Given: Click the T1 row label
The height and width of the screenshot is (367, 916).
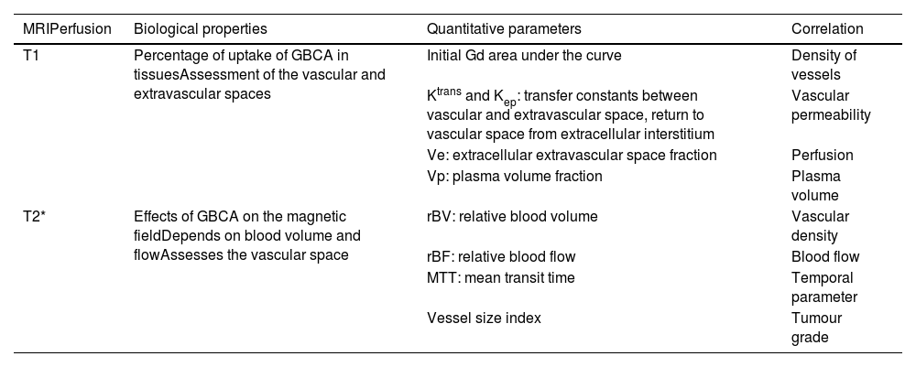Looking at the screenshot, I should (x=30, y=55).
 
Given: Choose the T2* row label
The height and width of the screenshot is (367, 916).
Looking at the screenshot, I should (x=33, y=217).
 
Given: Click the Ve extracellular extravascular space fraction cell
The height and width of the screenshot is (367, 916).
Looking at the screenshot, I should (x=572, y=156).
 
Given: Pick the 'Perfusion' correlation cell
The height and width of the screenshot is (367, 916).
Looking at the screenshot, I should (x=822, y=156).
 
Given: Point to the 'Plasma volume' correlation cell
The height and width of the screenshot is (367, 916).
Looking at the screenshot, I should (x=815, y=186).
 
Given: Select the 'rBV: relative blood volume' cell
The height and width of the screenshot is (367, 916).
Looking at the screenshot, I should (x=512, y=217).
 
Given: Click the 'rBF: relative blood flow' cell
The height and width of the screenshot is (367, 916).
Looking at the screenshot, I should (x=501, y=257).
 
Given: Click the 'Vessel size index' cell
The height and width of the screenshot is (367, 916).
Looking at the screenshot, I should (x=484, y=318).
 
